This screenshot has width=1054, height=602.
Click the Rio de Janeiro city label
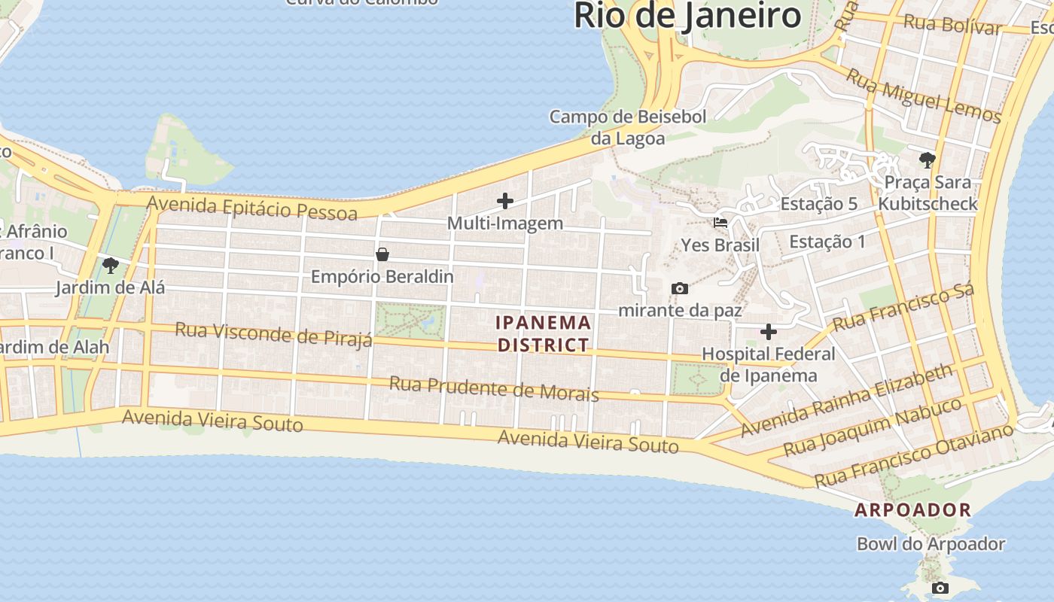[687, 15]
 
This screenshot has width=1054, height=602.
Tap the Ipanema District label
[544, 333]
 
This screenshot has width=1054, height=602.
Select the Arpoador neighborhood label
[912, 509]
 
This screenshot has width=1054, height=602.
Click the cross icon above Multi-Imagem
[505, 201]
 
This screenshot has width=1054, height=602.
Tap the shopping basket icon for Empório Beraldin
[382, 254]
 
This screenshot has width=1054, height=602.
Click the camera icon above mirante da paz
[680, 288]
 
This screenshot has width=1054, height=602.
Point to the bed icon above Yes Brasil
[720, 223]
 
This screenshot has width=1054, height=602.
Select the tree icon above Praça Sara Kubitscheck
[927, 160]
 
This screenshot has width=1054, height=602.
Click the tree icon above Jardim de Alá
[111, 265]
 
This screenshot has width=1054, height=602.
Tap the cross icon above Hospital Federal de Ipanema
[769, 332]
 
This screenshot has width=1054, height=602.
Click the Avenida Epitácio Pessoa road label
[251, 207]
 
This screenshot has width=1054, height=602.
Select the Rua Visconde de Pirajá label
[273, 333]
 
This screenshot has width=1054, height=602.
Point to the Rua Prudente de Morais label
[493, 388]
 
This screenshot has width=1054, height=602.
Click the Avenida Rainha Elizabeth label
[847, 400]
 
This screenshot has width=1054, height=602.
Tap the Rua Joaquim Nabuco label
[873, 427]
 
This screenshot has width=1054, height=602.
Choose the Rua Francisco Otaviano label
[914, 455]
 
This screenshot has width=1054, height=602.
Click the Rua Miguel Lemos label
[923, 96]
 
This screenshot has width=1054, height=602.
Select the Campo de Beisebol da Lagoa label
[628, 127]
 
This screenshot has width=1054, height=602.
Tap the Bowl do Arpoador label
[931, 543]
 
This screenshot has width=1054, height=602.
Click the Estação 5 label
[819, 204]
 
